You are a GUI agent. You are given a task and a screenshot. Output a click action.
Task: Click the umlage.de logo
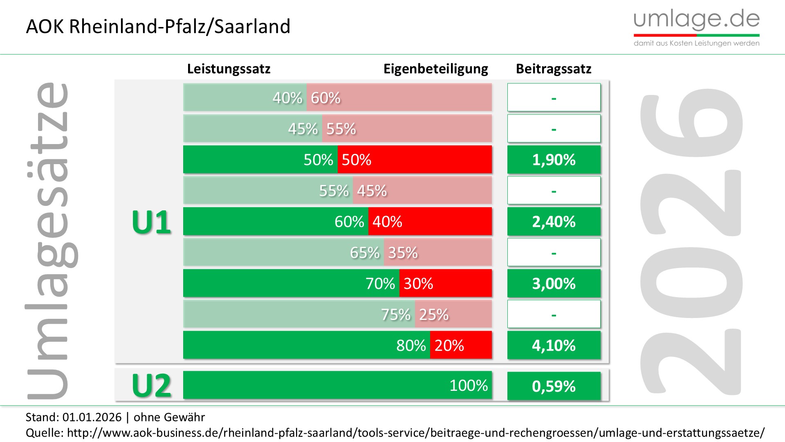tap(696, 27)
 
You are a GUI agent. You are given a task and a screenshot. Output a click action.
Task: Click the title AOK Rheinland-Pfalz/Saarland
tap(158, 27)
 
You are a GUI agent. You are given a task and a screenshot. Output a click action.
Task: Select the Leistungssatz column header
tap(229, 69)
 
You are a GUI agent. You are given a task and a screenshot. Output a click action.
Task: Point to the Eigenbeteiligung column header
tap(435, 69)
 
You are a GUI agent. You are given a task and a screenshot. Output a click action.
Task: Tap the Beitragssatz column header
tap(553, 69)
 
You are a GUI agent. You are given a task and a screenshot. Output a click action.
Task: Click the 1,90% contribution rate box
tap(554, 160)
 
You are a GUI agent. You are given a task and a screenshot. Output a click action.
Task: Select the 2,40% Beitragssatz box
tap(554, 221)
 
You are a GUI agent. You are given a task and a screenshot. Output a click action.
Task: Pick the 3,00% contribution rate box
tap(554, 283)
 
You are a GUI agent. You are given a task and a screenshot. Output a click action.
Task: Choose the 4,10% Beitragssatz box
tap(554, 345)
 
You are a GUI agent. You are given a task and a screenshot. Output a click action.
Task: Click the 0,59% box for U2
tap(554, 386)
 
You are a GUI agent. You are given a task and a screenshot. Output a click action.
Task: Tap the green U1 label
tap(151, 222)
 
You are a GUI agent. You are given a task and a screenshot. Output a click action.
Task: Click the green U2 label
tap(151, 386)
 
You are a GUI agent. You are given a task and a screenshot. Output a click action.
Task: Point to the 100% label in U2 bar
tap(469, 385)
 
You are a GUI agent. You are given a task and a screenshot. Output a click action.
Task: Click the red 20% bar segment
tap(460, 345)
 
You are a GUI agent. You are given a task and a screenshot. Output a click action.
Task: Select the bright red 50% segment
tap(414, 160)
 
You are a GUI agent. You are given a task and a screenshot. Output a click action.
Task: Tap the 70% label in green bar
tap(380, 283)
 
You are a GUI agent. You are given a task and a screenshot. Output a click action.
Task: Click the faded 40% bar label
tap(287, 98)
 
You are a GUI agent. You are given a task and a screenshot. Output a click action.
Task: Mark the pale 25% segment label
tap(434, 314)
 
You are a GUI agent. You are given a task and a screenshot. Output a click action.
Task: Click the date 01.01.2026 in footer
tap(92, 417)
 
